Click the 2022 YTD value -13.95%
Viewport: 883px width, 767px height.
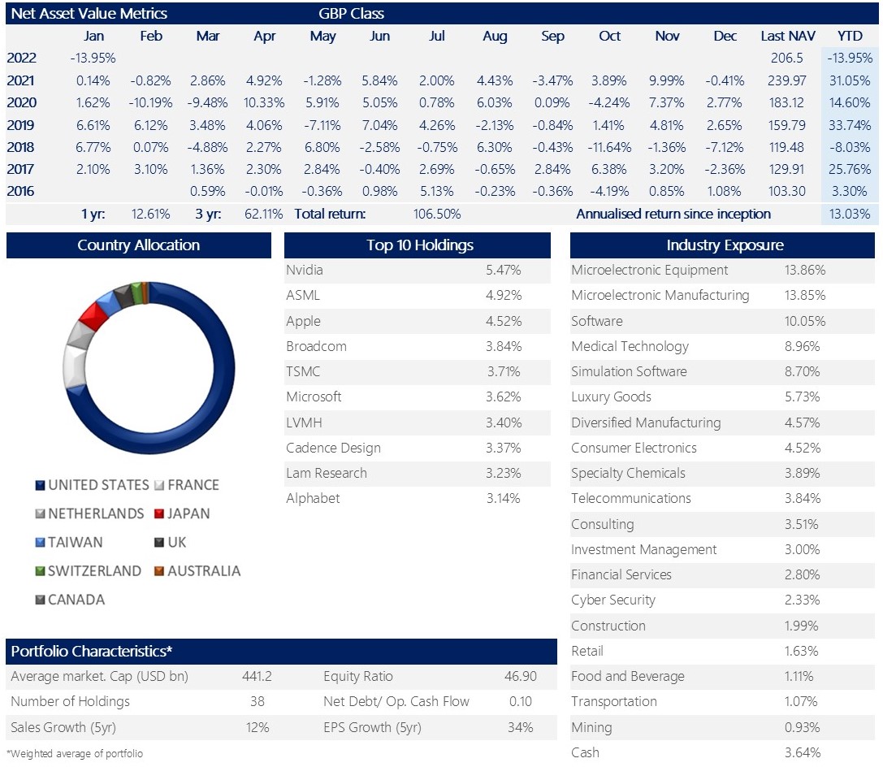pyautogui.click(x=849, y=58)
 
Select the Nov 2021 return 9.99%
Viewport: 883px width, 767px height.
pyautogui.click(x=666, y=80)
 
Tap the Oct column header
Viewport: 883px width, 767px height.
pyautogui.click(x=609, y=36)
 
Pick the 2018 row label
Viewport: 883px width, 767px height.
pyautogui.click(x=21, y=147)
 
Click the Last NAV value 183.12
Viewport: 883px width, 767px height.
pyautogui.click(x=786, y=102)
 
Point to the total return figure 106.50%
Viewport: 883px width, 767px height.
pyautogui.click(x=437, y=214)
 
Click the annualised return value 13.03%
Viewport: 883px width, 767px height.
pyautogui.click(x=849, y=214)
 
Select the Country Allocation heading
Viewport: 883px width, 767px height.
pyautogui.click(x=139, y=245)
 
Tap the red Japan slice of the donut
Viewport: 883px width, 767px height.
pyautogui.click(x=93, y=314)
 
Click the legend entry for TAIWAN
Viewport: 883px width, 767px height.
pyautogui.click(x=69, y=542)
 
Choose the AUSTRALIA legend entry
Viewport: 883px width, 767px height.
pyautogui.click(x=197, y=571)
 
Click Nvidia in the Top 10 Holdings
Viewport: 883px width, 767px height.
pyautogui.click(x=305, y=270)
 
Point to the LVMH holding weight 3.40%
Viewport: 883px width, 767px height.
pyautogui.click(x=504, y=422)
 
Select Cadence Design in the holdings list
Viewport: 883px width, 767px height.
pyautogui.click(x=333, y=448)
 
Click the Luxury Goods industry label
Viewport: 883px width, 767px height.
pyautogui.click(x=611, y=397)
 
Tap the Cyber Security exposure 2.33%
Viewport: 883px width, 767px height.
pyautogui.click(x=802, y=600)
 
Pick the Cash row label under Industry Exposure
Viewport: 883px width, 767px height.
pyautogui.click(x=585, y=752)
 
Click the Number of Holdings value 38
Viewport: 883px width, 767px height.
pyautogui.click(x=258, y=701)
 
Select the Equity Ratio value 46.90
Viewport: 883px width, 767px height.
pyautogui.click(x=521, y=676)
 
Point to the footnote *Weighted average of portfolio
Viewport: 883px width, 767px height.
pyautogui.click(x=75, y=753)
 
